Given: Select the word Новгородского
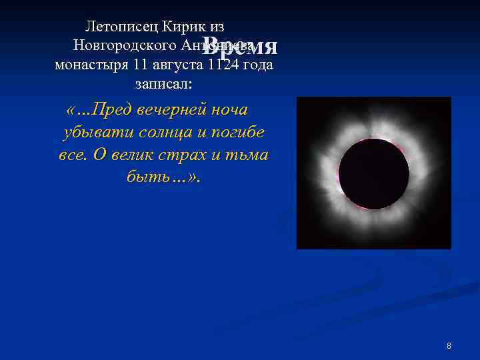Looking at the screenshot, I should coord(125,46).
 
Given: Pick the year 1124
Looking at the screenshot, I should coord(221,65).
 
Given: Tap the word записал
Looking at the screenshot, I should coord(163,85).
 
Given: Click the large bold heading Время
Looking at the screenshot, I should coord(240,45).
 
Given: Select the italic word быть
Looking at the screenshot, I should coord(144,178).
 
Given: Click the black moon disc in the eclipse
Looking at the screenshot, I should coord(374,174).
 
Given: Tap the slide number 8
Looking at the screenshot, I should coord(449,346).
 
